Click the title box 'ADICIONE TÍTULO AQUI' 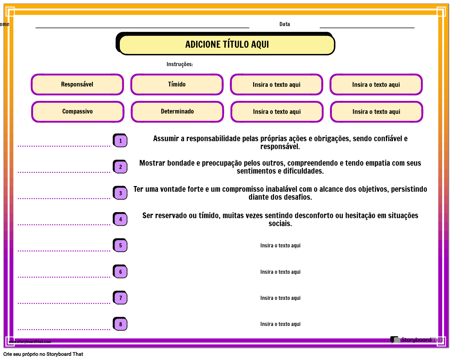pos(227,45)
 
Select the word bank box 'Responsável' pos(77,85)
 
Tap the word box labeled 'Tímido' pos(177,85)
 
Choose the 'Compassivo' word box pos(78,112)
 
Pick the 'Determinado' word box pos(177,112)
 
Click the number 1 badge pos(120,141)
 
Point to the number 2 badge pos(120,167)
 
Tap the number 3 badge pos(120,193)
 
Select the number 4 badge pos(120,219)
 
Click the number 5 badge pos(120,246)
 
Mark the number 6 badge pos(120,272)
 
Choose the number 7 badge pos(120,298)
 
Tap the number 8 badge pos(120,324)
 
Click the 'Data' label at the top pos(285,24)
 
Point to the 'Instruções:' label pos(180,64)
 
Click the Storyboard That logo pos(416,340)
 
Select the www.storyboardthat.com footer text pos(30,342)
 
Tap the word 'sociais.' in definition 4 pos(280,224)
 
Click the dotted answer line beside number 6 pos(64,277)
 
